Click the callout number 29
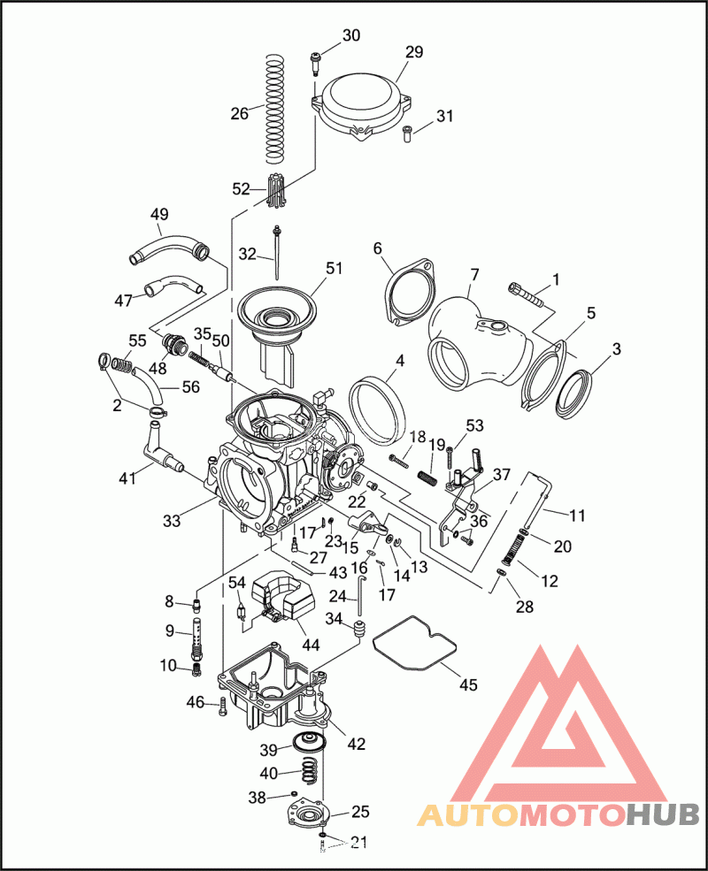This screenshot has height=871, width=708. [414, 52]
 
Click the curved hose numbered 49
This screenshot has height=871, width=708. [168, 247]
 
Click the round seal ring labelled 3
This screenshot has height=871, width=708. [581, 393]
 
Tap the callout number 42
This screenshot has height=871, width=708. [356, 744]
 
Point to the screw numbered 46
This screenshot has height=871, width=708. [221, 704]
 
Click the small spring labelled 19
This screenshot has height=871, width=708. [429, 478]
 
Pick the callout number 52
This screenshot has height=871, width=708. [242, 188]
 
